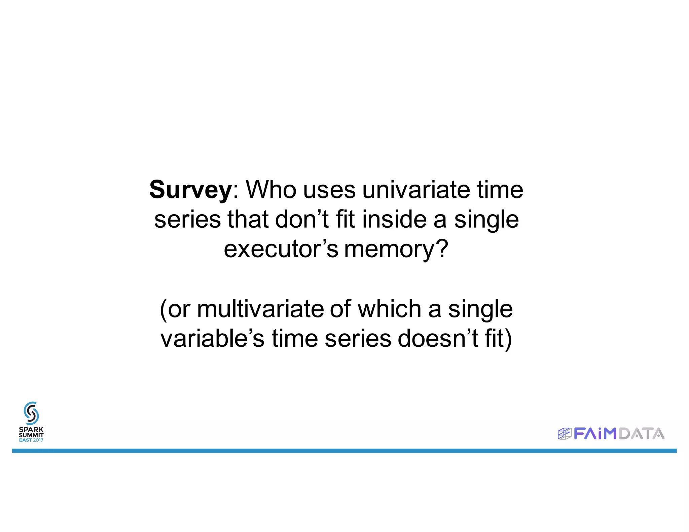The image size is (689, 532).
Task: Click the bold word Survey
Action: pyautogui.click(x=190, y=190)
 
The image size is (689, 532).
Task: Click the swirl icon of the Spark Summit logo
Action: pyautogui.click(x=31, y=413)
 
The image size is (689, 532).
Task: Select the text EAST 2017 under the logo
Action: pyautogui.click(x=31, y=440)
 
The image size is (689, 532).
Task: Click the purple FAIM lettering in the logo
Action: pyautogui.click(x=595, y=434)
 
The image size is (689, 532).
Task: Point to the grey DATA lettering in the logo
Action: pyautogui.click(x=642, y=434)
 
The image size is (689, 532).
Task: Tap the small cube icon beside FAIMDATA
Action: pyautogui.click(x=565, y=434)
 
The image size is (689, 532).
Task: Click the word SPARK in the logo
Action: pyautogui.click(x=31, y=429)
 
